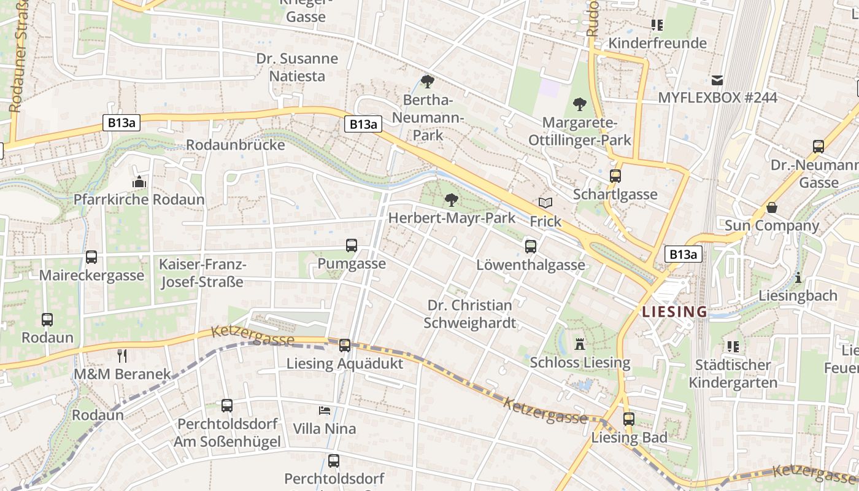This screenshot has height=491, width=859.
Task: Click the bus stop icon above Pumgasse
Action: (x=352, y=246)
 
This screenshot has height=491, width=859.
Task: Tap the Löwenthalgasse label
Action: (x=531, y=265)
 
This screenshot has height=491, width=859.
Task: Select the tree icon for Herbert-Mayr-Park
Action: (x=452, y=200)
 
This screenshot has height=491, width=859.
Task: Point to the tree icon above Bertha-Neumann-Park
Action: (x=428, y=82)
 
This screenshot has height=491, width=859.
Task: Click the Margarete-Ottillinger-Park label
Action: (x=580, y=131)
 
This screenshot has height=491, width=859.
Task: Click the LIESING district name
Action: (x=674, y=312)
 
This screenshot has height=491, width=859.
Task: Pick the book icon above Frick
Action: (x=545, y=203)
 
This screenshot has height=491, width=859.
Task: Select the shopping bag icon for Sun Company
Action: (x=772, y=207)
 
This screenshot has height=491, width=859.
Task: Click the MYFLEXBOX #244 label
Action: (x=717, y=98)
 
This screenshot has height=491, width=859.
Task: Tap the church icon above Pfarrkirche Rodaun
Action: (x=139, y=182)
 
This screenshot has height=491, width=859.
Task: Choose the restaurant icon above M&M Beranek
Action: (x=122, y=355)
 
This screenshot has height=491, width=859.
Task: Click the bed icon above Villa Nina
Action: (x=325, y=410)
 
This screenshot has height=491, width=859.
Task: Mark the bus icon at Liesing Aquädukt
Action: (x=345, y=346)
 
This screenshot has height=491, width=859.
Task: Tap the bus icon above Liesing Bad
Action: (x=629, y=419)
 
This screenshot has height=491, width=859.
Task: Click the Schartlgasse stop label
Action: (x=615, y=195)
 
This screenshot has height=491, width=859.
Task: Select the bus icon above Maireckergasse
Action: (x=91, y=257)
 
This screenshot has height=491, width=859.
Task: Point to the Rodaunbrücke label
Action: (x=236, y=145)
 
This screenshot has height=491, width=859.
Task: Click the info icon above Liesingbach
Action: (x=798, y=277)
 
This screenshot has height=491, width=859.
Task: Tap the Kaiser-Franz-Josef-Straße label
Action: (x=202, y=274)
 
